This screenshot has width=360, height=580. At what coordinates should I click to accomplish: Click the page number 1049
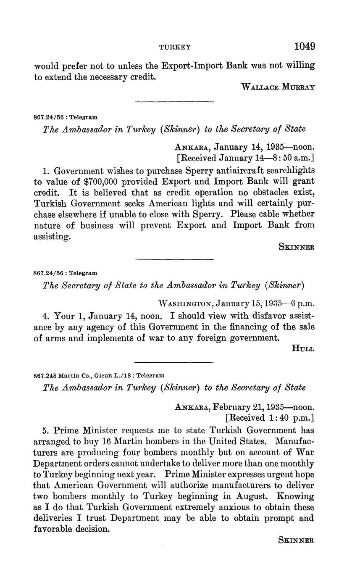[x=305, y=46]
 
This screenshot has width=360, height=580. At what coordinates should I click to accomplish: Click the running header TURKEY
[x=175, y=47]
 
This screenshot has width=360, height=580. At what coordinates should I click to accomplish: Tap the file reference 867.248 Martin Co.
[x=71, y=375]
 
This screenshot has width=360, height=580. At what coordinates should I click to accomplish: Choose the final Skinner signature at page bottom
[x=296, y=540]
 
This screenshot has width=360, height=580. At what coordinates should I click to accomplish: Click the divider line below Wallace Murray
[x=174, y=101]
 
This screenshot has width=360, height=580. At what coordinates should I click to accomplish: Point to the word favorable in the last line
[x=53, y=529]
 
